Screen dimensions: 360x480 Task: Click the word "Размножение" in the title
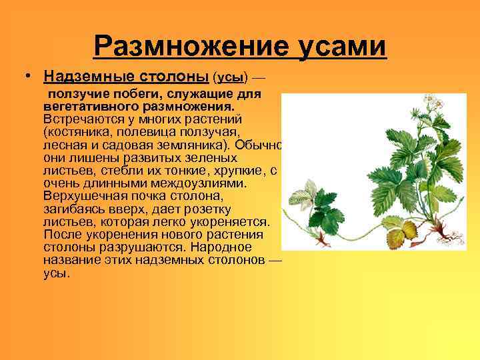pyautogui.click(x=175, y=47)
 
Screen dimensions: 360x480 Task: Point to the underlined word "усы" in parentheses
pyautogui.click(x=230, y=76)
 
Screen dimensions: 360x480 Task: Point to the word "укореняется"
pyautogui.click(x=229, y=221)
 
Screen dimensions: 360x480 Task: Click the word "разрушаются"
pyautogui.click(x=143, y=247)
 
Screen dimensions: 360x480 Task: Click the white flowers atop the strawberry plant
pyautogui.click(x=434, y=103)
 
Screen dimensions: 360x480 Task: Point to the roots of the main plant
pyautogui.click(x=444, y=237)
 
